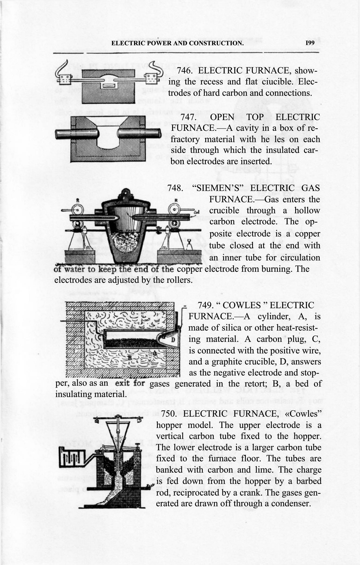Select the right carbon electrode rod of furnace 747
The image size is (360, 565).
139,134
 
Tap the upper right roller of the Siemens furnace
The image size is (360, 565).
175,210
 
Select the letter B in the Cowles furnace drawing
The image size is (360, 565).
130,358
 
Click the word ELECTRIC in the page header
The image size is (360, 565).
125,43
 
